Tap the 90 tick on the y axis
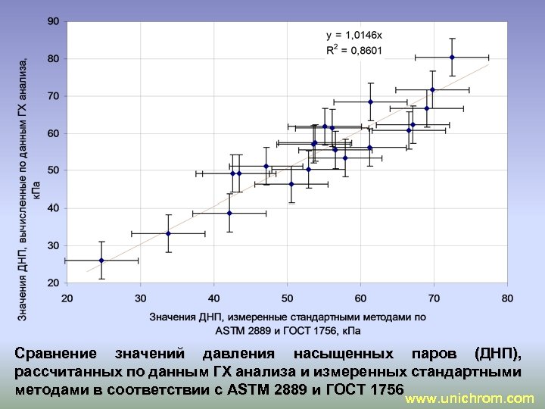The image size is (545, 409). pyautogui.click(x=53, y=21)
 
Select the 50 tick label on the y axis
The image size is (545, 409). pyautogui.click(x=53, y=170)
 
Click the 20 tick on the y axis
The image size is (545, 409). pyautogui.click(x=53, y=283)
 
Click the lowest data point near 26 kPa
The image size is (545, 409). pyautogui.click(x=102, y=261)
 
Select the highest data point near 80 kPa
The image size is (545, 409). pyautogui.click(x=452, y=58)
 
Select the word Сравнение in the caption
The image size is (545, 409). pyautogui.click(x=56, y=354)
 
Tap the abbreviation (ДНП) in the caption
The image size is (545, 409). pyautogui.click(x=497, y=354)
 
